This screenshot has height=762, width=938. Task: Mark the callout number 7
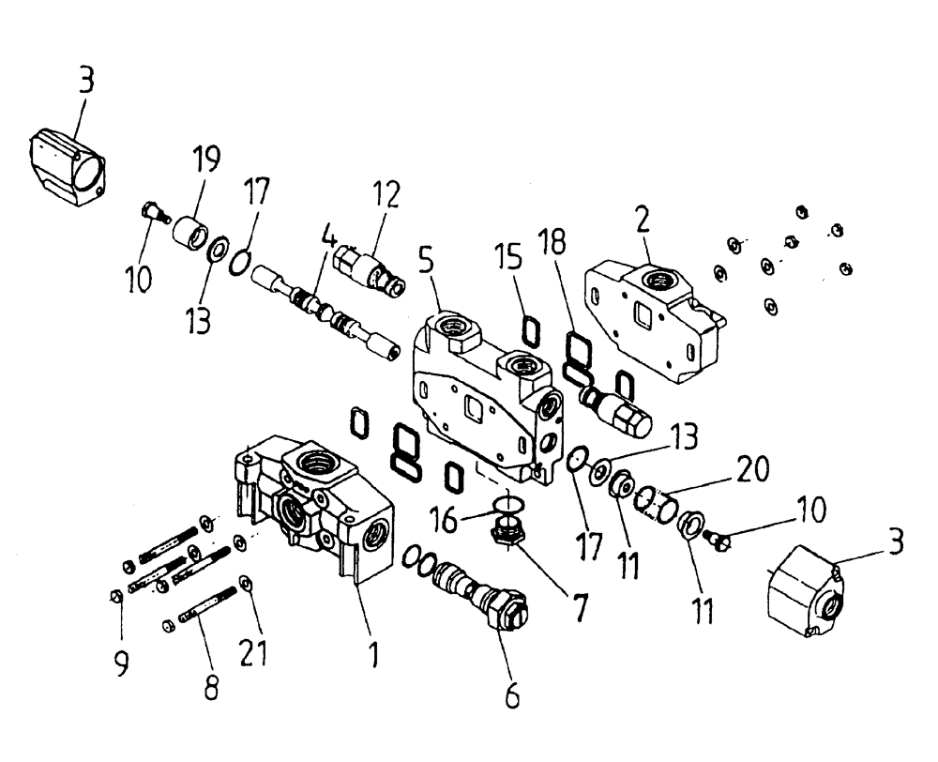coord(581,607)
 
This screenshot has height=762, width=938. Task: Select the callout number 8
coord(211,688)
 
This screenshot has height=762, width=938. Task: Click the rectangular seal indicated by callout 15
coord(531,330)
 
